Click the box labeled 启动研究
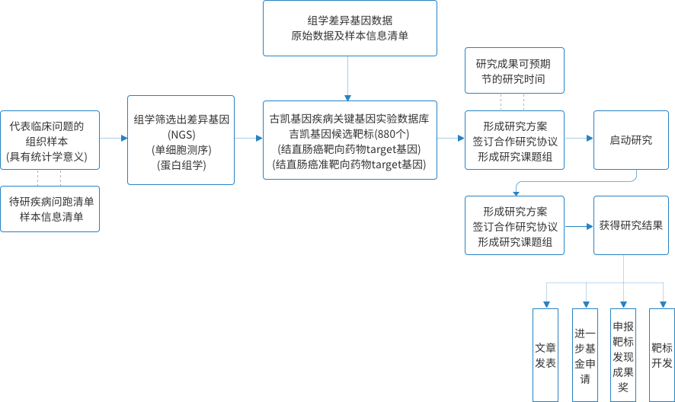tap(631, 140)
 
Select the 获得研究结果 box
tap(631, 225)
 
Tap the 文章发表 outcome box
tap(545, 355)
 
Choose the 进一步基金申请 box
tap(585, 355)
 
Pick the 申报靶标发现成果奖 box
tap(623, 355)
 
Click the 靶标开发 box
tap(662, 355)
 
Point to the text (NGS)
tap(181, 135)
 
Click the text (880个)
tap(392, 134)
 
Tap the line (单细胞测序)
tap(181, 150)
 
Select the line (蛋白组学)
tap(181, 165)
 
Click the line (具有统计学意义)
tap(46, 156)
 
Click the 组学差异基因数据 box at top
tap(350, 28)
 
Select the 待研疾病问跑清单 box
tap(50, 209)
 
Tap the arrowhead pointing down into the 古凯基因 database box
tap(348, 97)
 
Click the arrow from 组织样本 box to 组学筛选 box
tap(114, 138)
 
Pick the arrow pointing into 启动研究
tap(579, 138)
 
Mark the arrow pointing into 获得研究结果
tap(579, 226)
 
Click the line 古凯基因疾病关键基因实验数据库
tap(350, 119)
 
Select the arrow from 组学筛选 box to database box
tap(248, 138)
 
